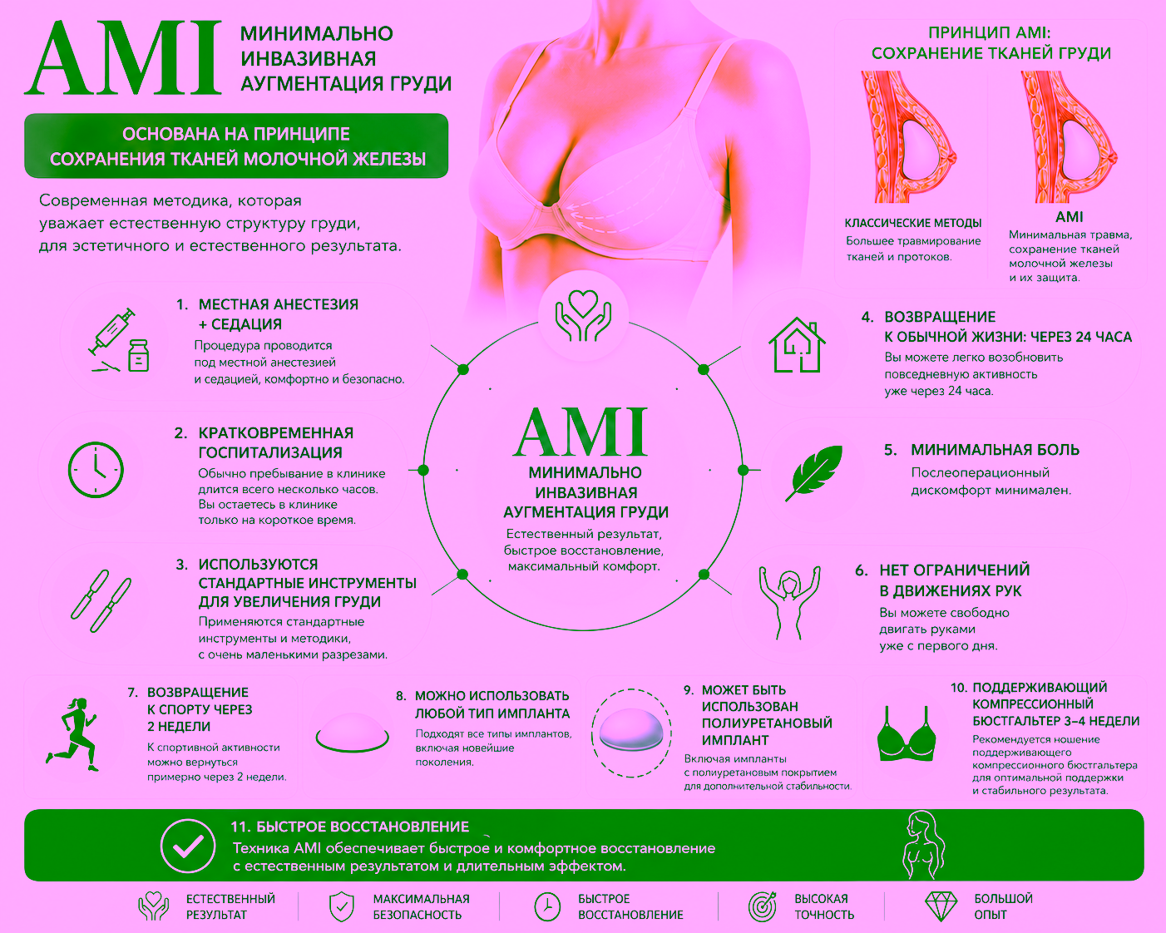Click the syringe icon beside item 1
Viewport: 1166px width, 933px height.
(119, 340)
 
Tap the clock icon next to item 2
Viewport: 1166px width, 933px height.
(96, 470)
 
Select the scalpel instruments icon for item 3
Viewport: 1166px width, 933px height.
(101, 601)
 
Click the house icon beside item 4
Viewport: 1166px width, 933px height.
(797, 345)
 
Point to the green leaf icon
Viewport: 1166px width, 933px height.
(814, 472)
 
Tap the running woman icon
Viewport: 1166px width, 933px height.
(72, 734)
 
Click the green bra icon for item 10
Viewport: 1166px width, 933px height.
(907, 733)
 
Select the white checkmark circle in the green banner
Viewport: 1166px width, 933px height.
(187, 846)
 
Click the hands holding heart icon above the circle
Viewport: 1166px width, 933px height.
(583, 316)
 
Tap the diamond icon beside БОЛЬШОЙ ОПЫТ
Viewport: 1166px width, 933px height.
(941, 906)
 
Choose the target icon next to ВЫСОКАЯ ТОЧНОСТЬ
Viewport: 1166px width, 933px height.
(763, 906)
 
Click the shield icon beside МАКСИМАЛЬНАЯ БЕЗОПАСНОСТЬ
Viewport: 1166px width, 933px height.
(342, 906)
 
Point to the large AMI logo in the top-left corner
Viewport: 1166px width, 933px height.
(123, 58)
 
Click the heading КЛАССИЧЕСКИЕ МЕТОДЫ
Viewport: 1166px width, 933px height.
(913, 223)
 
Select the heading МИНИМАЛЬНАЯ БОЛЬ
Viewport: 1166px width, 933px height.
(995, 450)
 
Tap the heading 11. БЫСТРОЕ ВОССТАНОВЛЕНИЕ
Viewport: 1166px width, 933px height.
(350, 827)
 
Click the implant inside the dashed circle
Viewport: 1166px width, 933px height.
(631, 729)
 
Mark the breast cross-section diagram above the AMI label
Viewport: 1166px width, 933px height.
(1067, 136)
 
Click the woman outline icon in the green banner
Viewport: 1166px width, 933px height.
(924, 845)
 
